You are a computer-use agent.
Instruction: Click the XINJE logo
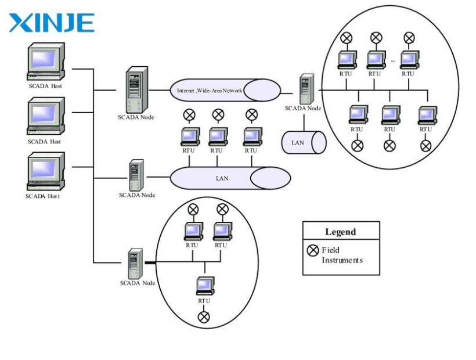tap(52, 23)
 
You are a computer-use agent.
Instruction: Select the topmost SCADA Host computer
tap(46, 62)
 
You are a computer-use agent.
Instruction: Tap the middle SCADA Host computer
tap(46, 116)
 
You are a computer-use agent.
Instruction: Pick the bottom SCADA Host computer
tap(46, 171)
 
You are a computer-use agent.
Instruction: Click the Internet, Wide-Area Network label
tap(210, 91)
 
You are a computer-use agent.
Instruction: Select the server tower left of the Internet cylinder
tap(137, 89)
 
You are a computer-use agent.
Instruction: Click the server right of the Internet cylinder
tap(307, 89)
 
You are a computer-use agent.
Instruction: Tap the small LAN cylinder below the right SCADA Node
tap(304, 142)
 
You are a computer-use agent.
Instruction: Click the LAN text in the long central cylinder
tap(222, 178)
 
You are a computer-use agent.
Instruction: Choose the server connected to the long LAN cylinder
tap(136, 175)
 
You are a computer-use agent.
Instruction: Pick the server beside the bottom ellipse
tap(135, 264)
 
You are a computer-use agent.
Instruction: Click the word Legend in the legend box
tap(341, 232)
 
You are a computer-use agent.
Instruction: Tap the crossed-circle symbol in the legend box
tap(313, 250)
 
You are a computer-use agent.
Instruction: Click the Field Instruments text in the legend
tap(342, 255)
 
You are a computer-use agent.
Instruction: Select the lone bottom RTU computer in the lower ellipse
tap(205, 286)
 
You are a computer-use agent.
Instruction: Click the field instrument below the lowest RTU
tap(204, 317)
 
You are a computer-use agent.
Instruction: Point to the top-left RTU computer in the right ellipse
tap(347, 60)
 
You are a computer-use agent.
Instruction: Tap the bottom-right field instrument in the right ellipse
tap(425, 146)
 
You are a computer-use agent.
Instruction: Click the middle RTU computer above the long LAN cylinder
tap(218, 136)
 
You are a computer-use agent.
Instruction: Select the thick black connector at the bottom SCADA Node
tap(150, 262)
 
